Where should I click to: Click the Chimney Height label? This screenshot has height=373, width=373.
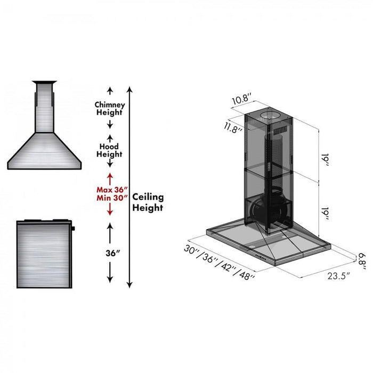coord(110,109)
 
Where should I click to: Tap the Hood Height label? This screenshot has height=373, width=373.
coord(109,150)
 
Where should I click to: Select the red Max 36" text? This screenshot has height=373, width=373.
coord(110,189)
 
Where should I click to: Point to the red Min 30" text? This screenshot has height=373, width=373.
coord(110,198)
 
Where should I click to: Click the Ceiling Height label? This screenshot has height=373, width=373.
coord(148,202)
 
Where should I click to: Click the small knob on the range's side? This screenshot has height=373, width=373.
coord(72,229)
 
